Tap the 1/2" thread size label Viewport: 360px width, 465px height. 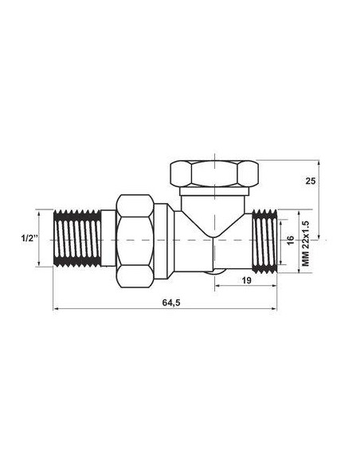(x=25, y=239)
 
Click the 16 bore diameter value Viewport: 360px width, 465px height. (x=291, y=240)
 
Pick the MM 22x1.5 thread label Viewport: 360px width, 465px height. (x=305, y=240)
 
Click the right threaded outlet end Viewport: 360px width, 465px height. (x=264, y=240)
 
